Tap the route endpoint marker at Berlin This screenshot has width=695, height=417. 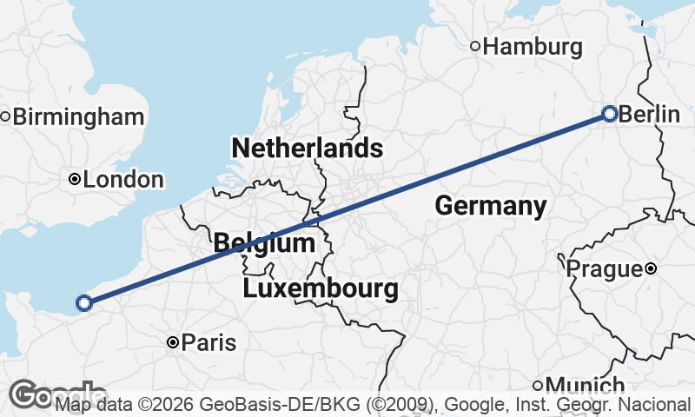click(x=610, y=114)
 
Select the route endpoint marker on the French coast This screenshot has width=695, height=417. click(x=84, y=302)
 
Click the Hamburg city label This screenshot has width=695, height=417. click(x=532, y=47)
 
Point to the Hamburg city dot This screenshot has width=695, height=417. click(x=475, y=46)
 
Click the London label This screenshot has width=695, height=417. click(x=124, y=180)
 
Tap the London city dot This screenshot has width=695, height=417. click(x=75, y=180)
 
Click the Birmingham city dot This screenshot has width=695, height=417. click(x=5, y=116)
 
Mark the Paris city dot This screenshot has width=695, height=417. click(x=173, y=343)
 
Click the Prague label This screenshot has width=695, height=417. click(x=604, y=269)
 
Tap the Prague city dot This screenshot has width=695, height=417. click(x=651, y=269)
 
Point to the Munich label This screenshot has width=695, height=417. click(x=586, y=386)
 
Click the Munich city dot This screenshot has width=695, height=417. click(x=538, y=386)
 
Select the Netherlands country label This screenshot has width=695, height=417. click(x=307, y=148)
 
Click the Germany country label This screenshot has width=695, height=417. click(x=491, y=206)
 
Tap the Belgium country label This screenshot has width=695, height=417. click(x=263, y=243)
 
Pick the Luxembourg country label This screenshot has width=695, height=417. click(x=321, y=288)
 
